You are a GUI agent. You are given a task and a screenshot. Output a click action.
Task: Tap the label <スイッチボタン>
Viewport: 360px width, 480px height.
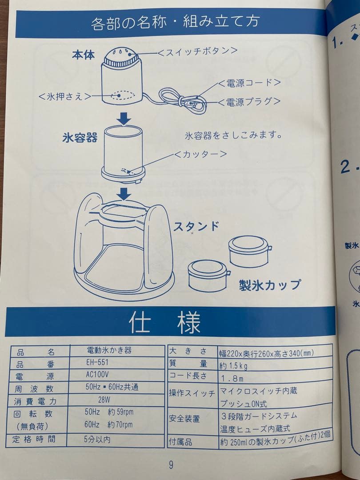coord(197,51)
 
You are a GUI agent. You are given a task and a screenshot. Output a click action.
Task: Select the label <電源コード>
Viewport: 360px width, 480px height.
coord(249,83)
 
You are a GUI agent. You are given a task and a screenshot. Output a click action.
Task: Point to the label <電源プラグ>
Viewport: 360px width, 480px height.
coord(249,101)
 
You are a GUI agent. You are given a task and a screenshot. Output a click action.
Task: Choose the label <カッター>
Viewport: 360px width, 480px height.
coord(200,154)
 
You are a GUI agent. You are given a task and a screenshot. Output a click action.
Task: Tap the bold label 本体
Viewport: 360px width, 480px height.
coord(83,56)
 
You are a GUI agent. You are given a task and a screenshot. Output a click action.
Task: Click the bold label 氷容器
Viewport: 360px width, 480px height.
coord(80,137)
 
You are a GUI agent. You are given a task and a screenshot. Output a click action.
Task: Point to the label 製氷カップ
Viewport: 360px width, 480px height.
coord(270,285)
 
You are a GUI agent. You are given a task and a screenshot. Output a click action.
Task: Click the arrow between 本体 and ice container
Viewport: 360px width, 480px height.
coord(124,118)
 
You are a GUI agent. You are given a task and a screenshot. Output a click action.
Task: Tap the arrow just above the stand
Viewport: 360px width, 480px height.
coord(124,194)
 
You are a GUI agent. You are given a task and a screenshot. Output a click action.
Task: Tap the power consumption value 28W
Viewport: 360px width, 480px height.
coord(104,400)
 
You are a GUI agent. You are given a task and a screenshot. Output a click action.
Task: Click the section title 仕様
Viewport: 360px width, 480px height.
coord(164,322)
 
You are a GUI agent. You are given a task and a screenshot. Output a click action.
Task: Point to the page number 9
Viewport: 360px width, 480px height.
coord(171,465)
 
